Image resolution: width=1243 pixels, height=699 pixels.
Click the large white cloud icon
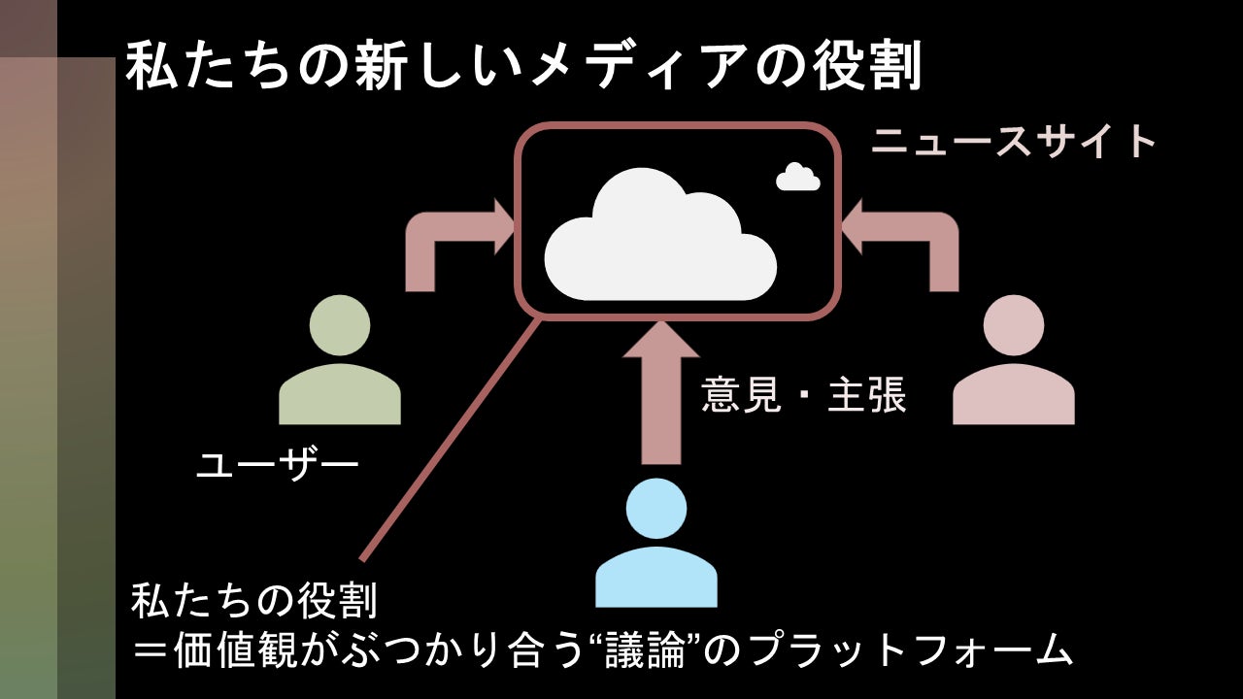660,238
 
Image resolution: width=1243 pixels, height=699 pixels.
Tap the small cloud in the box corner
798,178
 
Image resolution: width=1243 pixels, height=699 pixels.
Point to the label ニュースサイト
1014,143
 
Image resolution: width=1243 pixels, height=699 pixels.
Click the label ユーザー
278,466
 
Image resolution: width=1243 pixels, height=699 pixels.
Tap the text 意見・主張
804,396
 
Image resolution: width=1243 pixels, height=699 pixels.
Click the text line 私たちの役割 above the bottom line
253,603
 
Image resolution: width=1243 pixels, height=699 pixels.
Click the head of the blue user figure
656,509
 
